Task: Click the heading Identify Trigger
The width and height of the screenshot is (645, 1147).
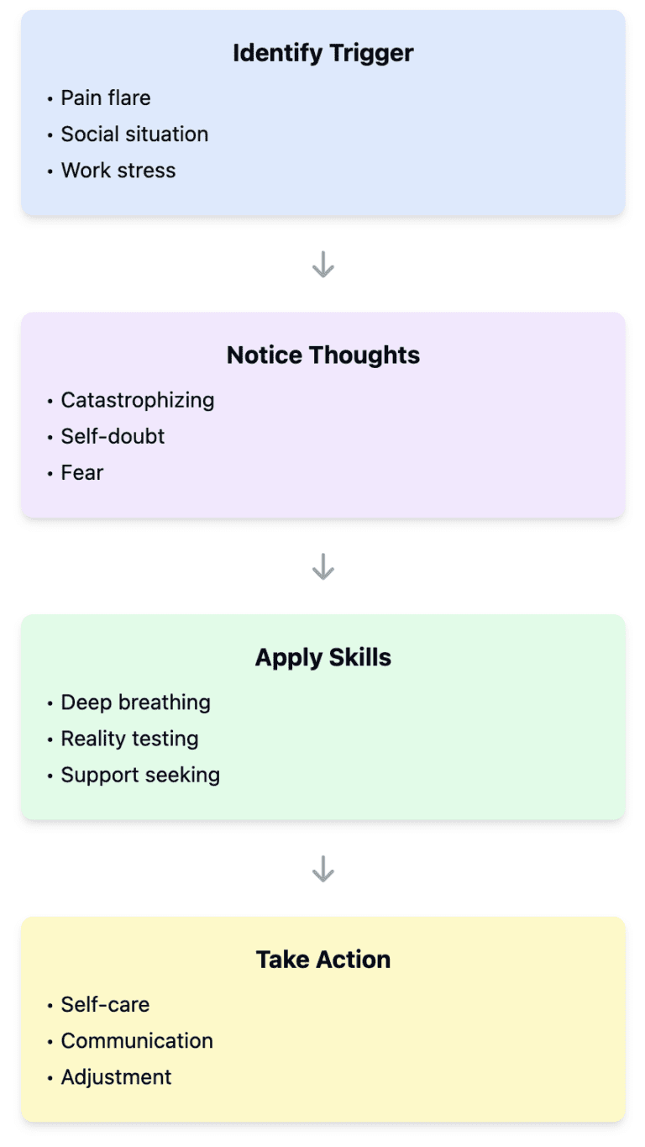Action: pos(322,53)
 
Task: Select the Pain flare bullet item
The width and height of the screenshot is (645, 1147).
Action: pos(105,98)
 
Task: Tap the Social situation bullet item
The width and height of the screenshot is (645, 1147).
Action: pos(134,134)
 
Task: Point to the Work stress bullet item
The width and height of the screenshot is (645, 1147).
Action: pos(118,171)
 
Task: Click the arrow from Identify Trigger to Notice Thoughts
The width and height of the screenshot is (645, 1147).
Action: pos(322,265)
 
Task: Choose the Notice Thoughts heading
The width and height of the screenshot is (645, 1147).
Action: pos(322,355)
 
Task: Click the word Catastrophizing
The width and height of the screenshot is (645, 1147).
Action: pos(138,400)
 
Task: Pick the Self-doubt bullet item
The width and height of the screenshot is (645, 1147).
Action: pos(113,436)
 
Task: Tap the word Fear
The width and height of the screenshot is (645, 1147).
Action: pos(81,472)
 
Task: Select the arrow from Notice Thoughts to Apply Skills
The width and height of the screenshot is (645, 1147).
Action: pos(322,567)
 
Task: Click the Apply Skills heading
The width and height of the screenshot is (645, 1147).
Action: pos(322,657)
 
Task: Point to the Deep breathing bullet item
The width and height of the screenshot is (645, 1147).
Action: pos(135,702)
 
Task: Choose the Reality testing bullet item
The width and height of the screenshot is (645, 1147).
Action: pos(129,739)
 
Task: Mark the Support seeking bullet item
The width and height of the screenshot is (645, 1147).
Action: pos(140,775)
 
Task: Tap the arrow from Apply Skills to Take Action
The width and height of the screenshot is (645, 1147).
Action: pos(322,869)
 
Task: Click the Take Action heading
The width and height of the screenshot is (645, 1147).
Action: pos(322,960)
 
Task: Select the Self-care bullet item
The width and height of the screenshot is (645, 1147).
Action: pos(105,1005)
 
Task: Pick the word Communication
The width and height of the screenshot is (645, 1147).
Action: pos(137,1041)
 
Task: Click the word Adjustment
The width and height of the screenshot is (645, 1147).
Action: pos(116,1077)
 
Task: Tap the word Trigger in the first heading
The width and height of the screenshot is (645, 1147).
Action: pos(373,53)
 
